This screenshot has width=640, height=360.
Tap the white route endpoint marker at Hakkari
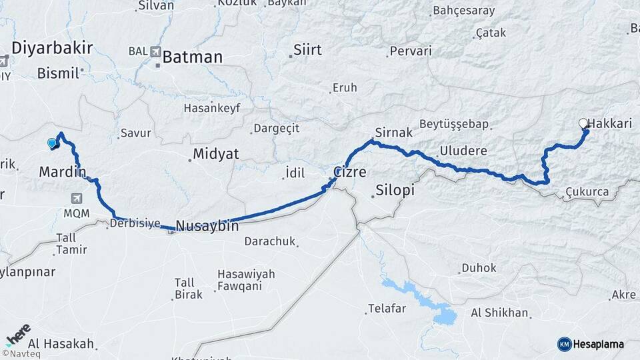583,123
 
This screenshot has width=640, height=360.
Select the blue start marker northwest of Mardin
52,142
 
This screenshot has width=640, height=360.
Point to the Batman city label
192,57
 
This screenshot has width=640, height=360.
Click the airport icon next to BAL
156,51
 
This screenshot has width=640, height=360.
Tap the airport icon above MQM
77,198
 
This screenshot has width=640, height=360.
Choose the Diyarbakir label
52,48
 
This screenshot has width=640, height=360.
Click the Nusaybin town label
207,227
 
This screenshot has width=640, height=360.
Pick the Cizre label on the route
350,172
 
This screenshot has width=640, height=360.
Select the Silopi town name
395,190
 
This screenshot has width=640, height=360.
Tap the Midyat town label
215,154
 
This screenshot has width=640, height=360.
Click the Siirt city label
307,50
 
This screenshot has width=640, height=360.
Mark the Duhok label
478,268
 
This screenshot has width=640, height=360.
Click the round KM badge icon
564,344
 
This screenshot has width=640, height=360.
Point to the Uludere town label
463,150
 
